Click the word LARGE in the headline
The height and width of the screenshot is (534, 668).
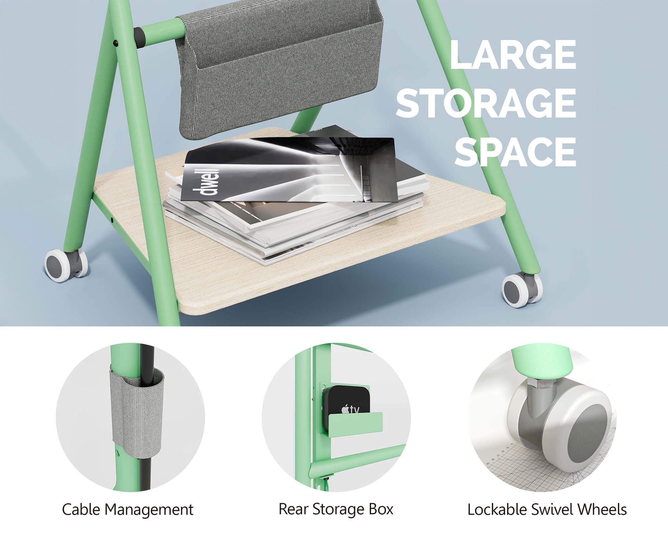pos(513,54)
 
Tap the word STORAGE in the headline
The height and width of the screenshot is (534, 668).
pos(486,102)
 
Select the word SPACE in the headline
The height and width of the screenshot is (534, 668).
pos(515,151)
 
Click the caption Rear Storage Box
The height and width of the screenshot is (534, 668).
pos(336,509)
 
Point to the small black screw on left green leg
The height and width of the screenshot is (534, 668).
pos(116,43)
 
